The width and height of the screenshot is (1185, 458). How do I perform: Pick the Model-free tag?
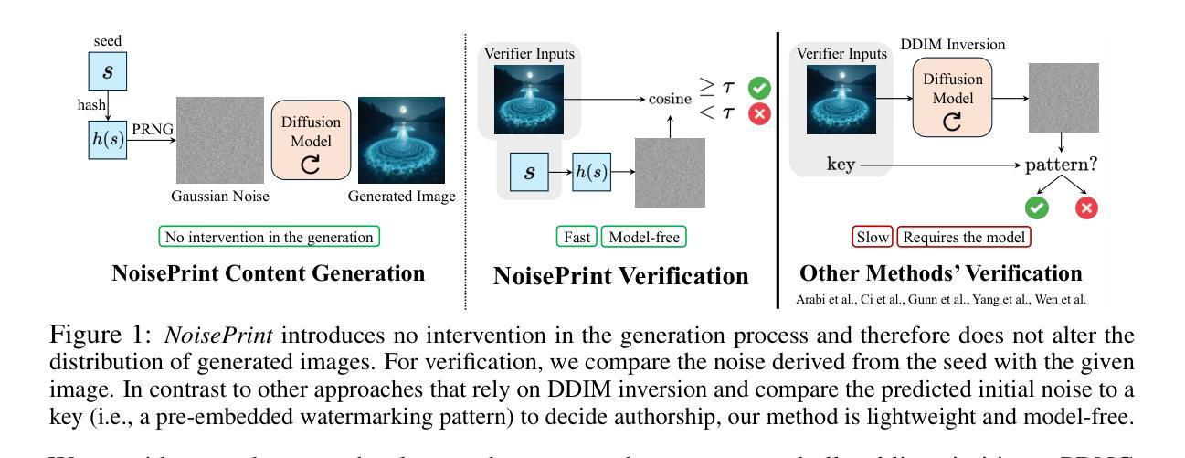[x=642, y=237]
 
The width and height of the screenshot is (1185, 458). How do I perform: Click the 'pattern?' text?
[x=1064, y=166]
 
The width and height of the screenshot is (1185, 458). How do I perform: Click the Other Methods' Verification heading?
[x=941, y=272]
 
